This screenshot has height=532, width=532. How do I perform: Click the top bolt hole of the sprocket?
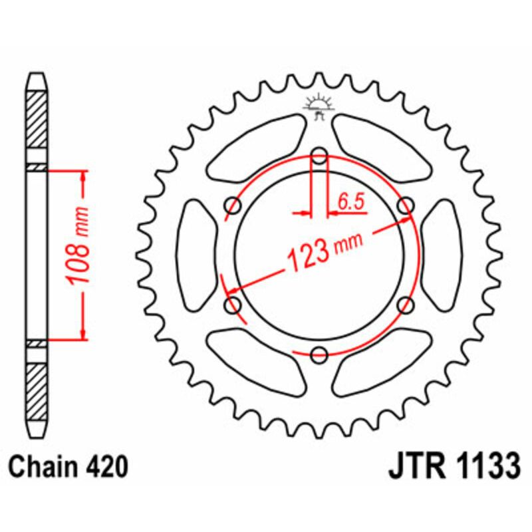click(319, 157)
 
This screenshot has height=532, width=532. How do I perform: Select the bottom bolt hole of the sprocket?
click(319, 353)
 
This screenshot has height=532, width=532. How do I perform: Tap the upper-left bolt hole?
click(233, 205)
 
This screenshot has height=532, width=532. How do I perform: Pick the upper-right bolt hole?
click(404, 205)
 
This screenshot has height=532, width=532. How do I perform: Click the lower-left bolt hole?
click(233, 305)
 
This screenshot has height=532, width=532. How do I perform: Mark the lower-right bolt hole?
click(404, 305)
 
